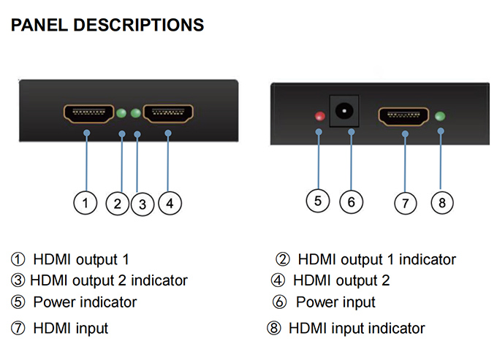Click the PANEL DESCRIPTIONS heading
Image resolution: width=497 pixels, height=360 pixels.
[x=107, y=26]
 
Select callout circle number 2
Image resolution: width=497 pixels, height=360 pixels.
[x=117, y=203]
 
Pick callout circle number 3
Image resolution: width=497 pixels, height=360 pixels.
[x=143, y=204]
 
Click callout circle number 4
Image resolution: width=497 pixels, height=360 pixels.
[x=169, y=202]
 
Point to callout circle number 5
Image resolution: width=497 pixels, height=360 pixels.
[x=318, y=201]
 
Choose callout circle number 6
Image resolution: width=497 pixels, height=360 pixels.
[x=352, y=202]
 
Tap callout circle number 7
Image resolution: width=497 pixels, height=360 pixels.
[x=406, y=203]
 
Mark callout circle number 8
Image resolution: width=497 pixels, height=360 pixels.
[x=441, y=202]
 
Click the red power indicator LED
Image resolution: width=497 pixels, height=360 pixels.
[x=319, y=116]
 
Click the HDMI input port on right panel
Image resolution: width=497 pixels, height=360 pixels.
[x=403, y=116]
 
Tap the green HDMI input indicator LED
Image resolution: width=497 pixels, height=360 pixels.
[x=440, y=115]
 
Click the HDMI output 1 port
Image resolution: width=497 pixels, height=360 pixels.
[x=88, y=113]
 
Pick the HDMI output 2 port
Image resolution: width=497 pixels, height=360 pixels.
[x=168, y=113]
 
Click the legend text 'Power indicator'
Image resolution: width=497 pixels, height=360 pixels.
[x=85, y=302]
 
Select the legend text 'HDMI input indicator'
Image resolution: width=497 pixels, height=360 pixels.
[x=357, y=328]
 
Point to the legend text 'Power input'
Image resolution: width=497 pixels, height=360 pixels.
[x=335, y=302]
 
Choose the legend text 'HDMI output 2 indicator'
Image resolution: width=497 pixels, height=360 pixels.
[x=109, y=280]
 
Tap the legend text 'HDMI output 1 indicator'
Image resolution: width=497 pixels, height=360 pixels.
[x=376, y=259]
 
